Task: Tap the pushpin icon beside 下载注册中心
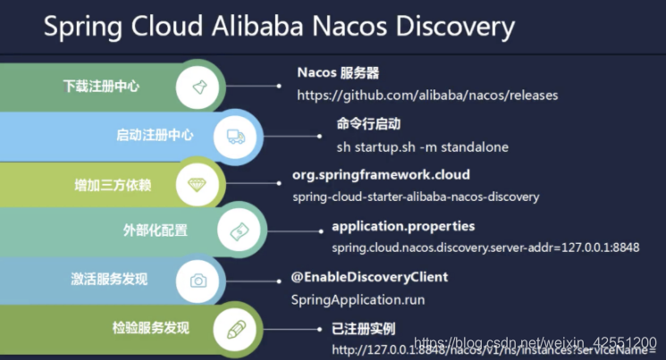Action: pyautogui.click(x=198, y=88)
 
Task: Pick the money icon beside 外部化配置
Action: pyautogui.click(x=240, y=230)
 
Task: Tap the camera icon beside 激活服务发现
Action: pyautogui.click(x=198, y=280)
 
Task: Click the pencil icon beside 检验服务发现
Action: pyautogui.click(x=236, y=328)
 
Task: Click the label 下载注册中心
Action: pyautogui.click(x=101, y=88)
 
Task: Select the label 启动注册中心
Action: pyautogui.click(x=155, y=136)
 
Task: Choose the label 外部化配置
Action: pyautogui.click(x=156, y=230)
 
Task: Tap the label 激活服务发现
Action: pyautogui.click(x=109, y=280)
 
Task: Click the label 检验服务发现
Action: pyautogui.click(x=151, y=328)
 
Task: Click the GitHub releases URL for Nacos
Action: pyautogui.click(x=427, y=94)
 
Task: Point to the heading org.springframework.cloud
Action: pyautogui.click(x=381, y=174)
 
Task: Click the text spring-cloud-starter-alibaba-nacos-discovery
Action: pyautogui.click(x=416, y=197)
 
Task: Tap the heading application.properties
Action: pyautogui.click(x=403, y=226)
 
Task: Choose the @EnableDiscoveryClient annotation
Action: pyautogui.click(x=369, y=277)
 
